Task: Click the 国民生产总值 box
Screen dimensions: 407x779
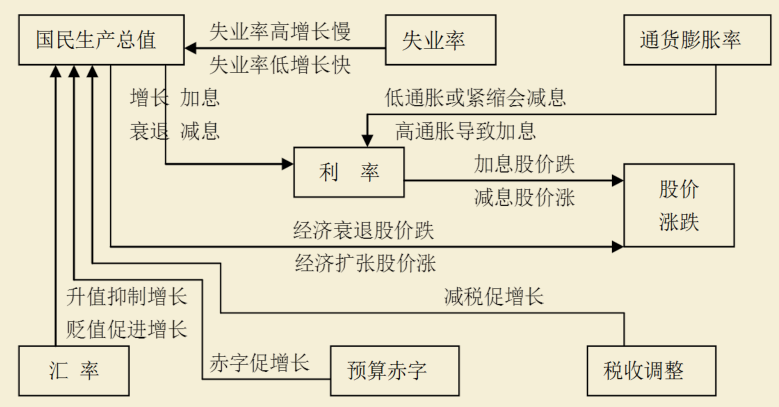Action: click(x=100, y=40)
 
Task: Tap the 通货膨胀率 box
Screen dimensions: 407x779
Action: click(x=690, y=41)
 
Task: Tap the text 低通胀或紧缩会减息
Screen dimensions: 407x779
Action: click(x=475, y=98)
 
